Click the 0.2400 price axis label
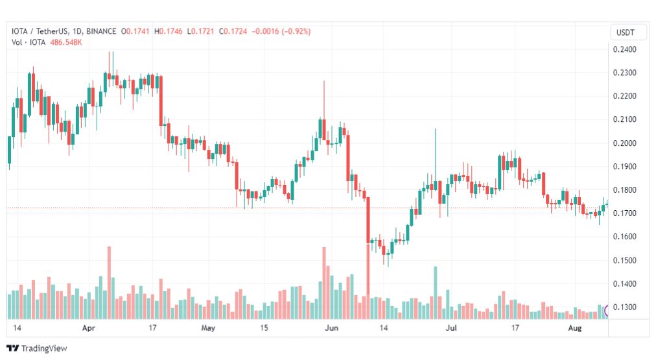click(x=624, y=49)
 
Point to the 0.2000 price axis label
click(x=624, y=143)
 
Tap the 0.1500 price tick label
click(x=624, y=261)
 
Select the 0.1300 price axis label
click(x=624, y=307)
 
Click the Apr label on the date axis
click(x=89, y=328)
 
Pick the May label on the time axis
click(x=208, y=328)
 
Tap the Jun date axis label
click(x=331, y=328)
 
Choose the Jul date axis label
click(x=453, y=328)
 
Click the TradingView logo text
click(x=43, y=348)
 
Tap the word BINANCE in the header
click(x=101, y=31)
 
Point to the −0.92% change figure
click(x=292, y=31)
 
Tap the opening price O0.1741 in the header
click(x=137, y=31)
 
